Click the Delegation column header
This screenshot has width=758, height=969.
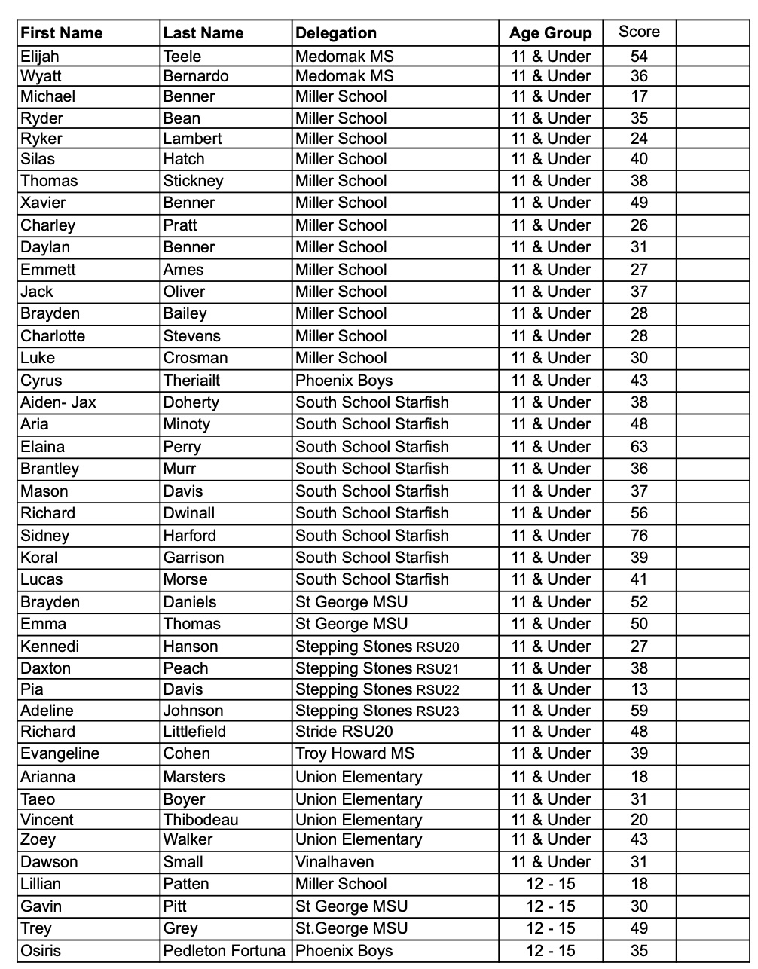pos(336,33)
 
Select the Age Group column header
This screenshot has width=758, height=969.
pos(551,33)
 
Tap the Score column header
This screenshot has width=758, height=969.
pos(639,32)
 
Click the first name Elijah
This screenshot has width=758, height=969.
pos(40,56)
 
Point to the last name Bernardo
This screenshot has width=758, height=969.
pos(196,76)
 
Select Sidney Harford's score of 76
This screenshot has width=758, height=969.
pos(639,536)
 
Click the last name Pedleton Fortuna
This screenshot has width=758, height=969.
pos(225,951)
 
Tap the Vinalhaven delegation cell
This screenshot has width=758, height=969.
pos(335,862)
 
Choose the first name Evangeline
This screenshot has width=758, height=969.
pos(60,753)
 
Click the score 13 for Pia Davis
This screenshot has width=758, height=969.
pos(639,689)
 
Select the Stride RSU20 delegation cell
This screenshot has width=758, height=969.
pos(344,732)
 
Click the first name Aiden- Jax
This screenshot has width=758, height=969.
pos(59,402)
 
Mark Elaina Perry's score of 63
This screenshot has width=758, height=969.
pos(639,447)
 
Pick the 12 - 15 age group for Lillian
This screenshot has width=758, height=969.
pos(551,884)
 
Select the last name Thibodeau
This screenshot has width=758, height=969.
pos(201,820)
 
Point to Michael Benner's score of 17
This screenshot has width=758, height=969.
pos(639,96)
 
